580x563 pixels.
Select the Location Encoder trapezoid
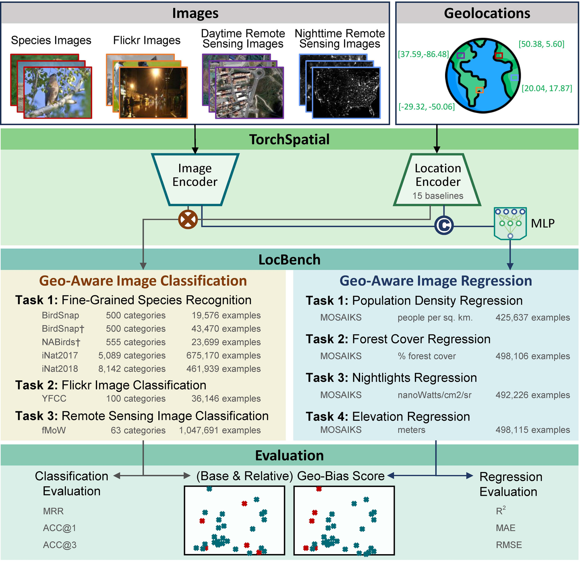click(437, 180)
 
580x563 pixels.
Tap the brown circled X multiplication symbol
click(188, 220)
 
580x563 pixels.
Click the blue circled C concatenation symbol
click(444, 226)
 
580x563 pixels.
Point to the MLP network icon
click(510, 223)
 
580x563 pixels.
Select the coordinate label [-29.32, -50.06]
click(427, 107)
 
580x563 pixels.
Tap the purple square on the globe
click(461, 56)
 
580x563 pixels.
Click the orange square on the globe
click(479, 90)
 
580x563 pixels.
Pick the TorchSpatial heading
click(289, 139)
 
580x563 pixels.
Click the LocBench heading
click(289, 260)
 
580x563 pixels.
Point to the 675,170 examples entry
click(223, 355)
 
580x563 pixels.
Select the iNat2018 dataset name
click(60, 369)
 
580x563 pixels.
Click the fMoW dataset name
click(54, 430)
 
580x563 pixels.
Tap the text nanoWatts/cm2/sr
click(434, 395)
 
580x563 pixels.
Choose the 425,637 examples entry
click(532, 318)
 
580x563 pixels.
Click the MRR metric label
click(53, 511)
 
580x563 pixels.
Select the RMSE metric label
click(509, 545)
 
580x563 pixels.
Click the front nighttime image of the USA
click(346, 93)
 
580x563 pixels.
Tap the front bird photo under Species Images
click(58, 93)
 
